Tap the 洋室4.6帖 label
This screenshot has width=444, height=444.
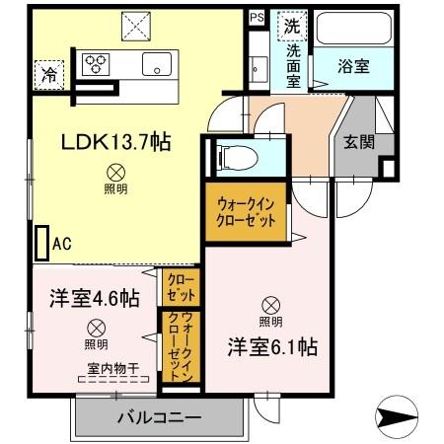point(95,299)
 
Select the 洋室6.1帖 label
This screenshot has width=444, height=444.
point(273,346)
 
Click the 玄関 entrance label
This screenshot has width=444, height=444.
point(359,141)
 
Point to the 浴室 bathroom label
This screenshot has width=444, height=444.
point(353,68)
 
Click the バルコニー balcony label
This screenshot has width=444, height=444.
point(160,417)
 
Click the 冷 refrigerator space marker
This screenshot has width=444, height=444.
point(47,72)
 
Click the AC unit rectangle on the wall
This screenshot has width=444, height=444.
point(40,243)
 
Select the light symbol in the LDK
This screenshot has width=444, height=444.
point(115,169)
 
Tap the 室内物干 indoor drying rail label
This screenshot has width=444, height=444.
point(112,368)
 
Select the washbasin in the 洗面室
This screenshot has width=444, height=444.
point(259,68)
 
